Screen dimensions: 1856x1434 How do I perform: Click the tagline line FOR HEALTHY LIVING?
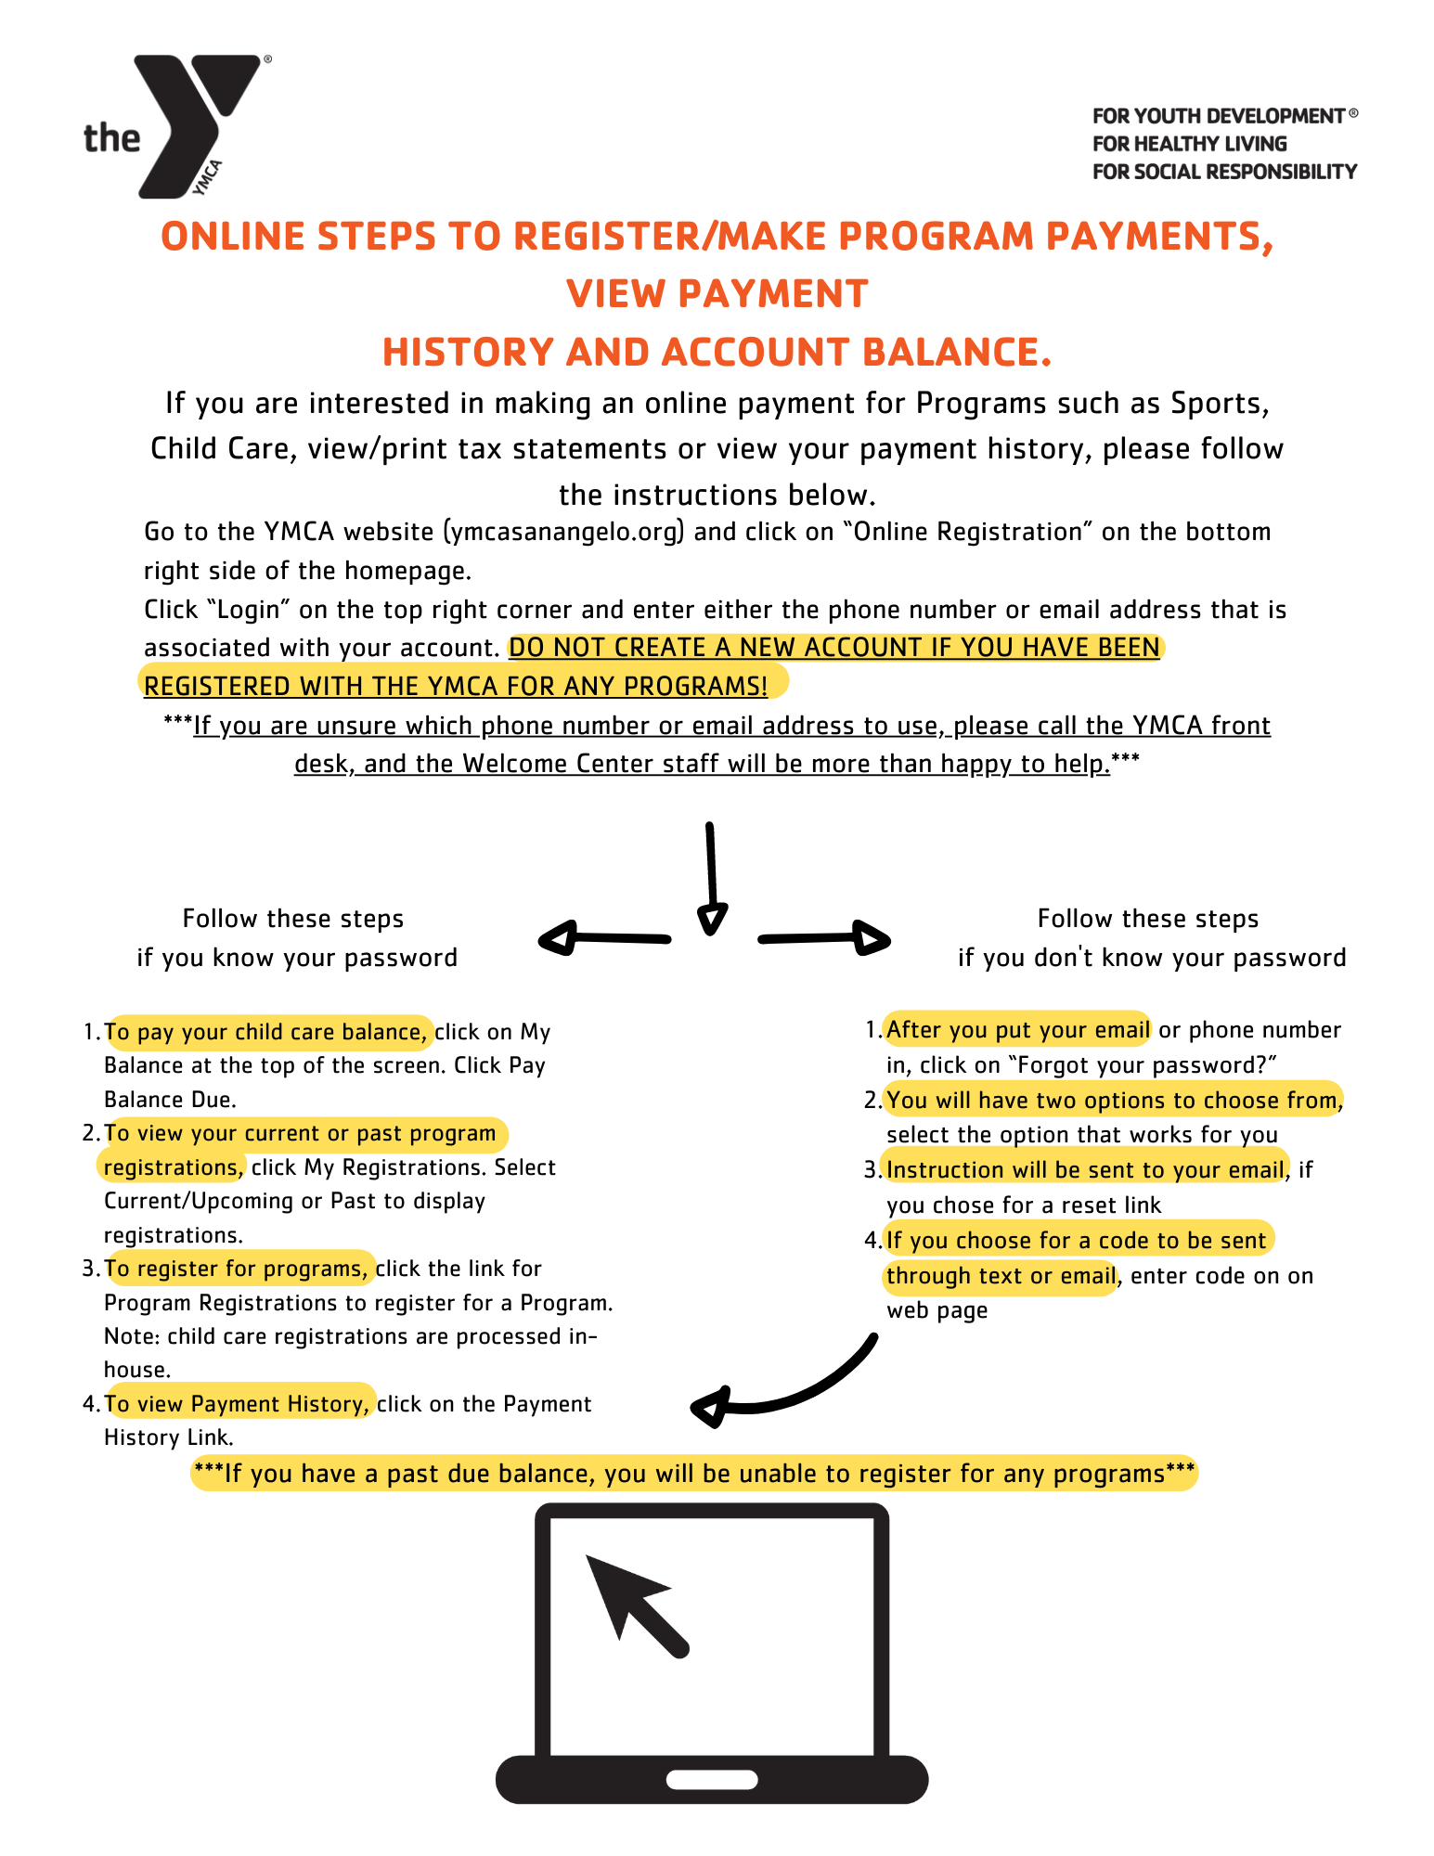[1189, 144]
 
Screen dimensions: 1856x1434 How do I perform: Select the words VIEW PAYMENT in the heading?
[717, 294]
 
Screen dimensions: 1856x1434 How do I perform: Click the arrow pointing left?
[603, 938]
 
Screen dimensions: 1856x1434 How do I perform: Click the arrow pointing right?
[824, 938]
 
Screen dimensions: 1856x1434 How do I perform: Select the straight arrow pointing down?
[711, 877]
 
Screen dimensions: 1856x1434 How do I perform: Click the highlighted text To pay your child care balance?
[265, 1032]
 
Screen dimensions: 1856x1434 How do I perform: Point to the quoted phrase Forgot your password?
[1142, 1065]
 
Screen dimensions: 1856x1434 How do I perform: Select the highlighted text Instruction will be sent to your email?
[1084, 1170]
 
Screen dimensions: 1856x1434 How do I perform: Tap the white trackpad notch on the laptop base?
[712, 1780]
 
